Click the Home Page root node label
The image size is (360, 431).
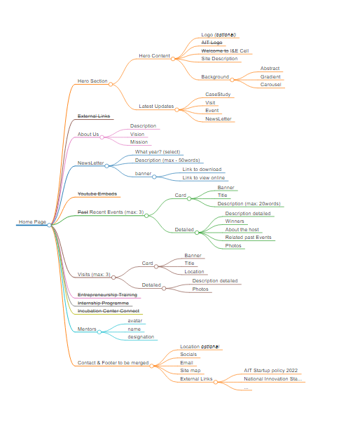(32, 222)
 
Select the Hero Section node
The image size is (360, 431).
(92, 81)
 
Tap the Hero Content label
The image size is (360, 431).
(155, 55)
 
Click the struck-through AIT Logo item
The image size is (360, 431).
(212, 43)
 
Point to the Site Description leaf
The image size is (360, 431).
(219, 59)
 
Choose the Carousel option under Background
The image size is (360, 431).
(271, 85)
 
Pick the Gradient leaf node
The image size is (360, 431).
(270, 76)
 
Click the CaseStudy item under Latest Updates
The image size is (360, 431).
(218, 94)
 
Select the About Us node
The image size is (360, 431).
(88, 134)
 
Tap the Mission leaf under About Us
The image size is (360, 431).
(139, 142)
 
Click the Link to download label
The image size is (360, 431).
(202, 170)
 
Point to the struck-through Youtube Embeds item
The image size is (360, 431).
(97, 193)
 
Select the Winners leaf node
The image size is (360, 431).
(235, 221)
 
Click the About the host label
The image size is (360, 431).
(242, 230)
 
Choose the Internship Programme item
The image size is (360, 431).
(103, 303)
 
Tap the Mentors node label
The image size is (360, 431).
(87, 329)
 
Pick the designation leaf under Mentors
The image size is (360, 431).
(141, 337)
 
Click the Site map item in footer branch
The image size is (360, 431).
(191, 370)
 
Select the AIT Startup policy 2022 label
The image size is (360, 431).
(271, 370)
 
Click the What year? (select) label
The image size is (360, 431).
(158, 151)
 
